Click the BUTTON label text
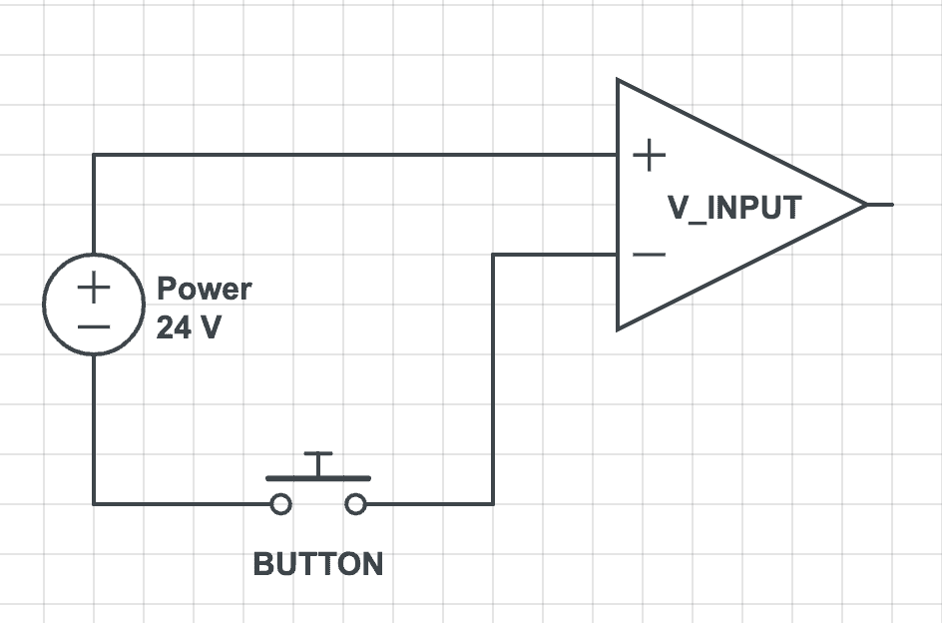tap(318, 564)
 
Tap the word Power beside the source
tap(205, 290)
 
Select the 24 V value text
tap(189, 327)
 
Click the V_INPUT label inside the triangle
tap(734, 208)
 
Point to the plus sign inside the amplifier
tap(650, 155)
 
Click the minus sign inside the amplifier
tap(650, 255)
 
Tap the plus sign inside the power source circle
tap(94, 289)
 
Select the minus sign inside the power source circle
tap(94, 326)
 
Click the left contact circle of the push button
tap(281, 504)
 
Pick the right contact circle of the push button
tap(356, 504)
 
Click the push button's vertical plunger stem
tap(318, 465)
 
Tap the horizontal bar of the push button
tap(318, 479)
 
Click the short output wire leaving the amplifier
tap(880, 205)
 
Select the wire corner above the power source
tap(94, 155)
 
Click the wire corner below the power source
tap(94, 504)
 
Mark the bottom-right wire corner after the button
tap(493, 504)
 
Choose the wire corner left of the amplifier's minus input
tap(493, 255)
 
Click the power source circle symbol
tap(94, 305)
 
